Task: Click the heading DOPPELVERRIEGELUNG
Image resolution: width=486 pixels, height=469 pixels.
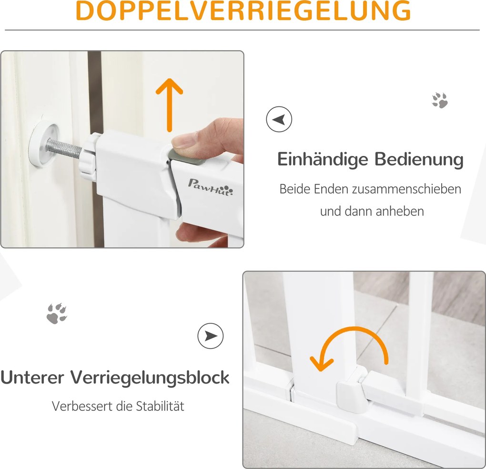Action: [243, 10]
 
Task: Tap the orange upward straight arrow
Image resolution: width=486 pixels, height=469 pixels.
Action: [169, 105]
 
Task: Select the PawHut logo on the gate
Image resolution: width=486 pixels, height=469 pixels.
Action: [210, 188]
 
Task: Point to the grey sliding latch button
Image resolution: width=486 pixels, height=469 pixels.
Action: [187, 157]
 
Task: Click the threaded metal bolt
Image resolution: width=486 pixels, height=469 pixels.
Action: [64, 148]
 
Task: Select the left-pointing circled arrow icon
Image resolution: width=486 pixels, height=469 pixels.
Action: [279, 119]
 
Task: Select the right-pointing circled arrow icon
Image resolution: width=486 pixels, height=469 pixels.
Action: [211, 336]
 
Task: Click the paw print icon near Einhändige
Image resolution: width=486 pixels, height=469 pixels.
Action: [440, 100]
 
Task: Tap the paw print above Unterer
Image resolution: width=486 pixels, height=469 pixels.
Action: [57, 313]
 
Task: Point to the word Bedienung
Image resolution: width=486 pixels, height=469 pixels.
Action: [419, 159]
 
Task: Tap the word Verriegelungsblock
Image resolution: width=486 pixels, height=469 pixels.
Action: [150, 378]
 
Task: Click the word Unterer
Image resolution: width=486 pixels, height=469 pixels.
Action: [32, 378]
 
